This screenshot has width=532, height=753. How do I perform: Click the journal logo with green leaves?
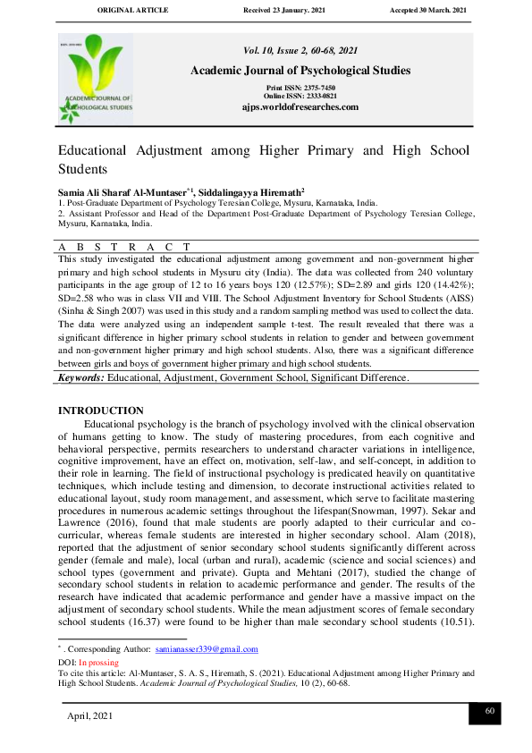tap(95, 79)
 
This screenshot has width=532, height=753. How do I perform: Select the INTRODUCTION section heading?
tap(100, 410)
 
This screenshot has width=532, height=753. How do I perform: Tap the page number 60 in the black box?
tap(489, 711)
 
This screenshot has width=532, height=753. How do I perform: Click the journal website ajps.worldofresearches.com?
tap(300, 107)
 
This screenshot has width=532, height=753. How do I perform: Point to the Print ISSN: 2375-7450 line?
tap(300, 88)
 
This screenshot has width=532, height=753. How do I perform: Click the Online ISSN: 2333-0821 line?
tap(300, 96)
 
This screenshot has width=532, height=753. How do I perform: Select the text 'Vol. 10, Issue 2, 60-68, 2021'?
tap(300, 51)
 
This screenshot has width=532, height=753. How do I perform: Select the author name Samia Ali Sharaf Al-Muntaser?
tap(122, 191)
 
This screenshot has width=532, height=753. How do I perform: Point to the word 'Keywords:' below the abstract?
tap(80, 403)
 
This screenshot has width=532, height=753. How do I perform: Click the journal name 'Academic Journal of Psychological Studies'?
tap(300, 71)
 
